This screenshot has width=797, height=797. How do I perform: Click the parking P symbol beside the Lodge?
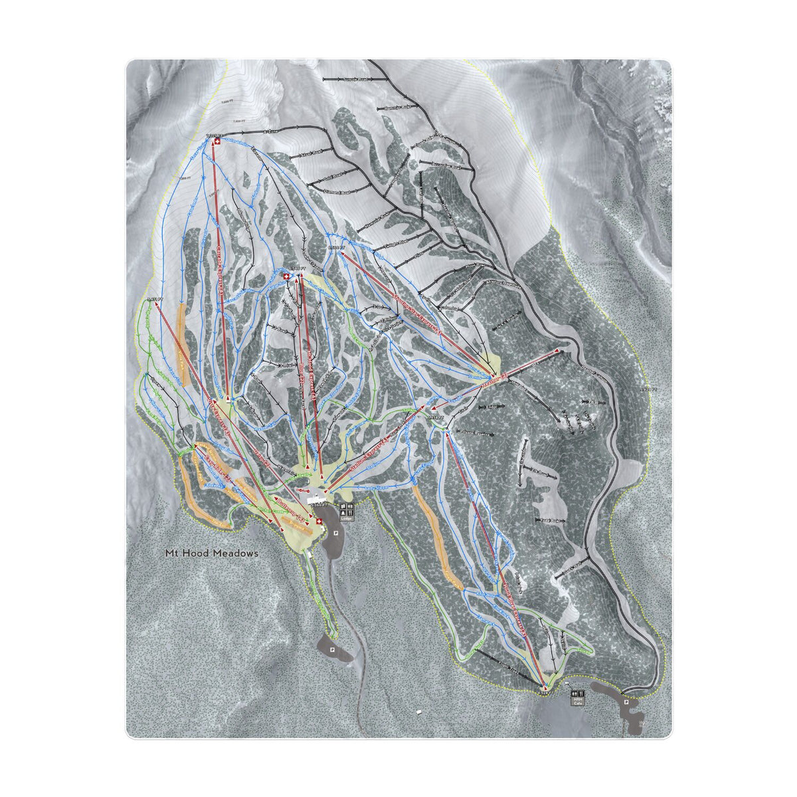pos(336,533)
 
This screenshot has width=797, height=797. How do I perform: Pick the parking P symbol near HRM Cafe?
pos(626,701)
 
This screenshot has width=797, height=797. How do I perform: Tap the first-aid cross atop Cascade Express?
pos(214,141)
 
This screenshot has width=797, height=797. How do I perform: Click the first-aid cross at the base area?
pos(319,522)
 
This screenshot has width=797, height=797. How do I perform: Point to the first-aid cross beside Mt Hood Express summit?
pos(286,276)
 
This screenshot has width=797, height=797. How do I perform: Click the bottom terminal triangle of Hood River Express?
pos(545,685)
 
